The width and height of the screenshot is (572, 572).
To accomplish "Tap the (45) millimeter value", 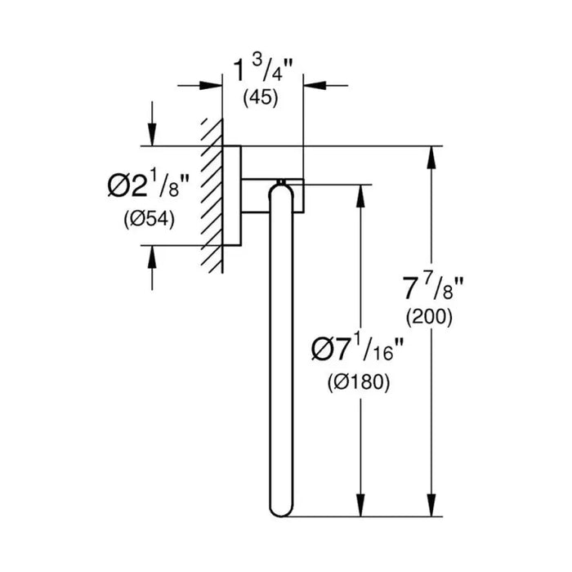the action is (x=261, y=98).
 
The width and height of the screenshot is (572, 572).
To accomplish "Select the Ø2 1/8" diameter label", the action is (x=149, y=186).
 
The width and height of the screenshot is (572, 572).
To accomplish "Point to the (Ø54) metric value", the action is (x=150, y=220).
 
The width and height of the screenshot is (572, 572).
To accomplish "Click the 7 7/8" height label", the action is (x=433, y=288).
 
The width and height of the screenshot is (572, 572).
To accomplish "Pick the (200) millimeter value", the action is (x=429, y=317).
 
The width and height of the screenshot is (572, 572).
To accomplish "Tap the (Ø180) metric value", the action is (x=359, y=382).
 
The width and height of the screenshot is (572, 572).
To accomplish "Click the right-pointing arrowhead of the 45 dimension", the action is (x=211, y=86).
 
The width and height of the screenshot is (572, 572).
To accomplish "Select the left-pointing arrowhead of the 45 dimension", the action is (x=315, y=85).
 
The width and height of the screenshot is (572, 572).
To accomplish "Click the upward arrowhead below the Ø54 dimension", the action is (x=152, y=257).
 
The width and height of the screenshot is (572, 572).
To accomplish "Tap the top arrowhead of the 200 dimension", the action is (x=431, y=157).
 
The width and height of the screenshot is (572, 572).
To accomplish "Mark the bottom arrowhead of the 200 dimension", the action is (x=431, y=505).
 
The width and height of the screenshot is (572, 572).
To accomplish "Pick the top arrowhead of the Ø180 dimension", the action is (x=360, y=196).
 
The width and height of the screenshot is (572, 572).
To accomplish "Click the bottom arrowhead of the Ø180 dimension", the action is (x=360, y=505).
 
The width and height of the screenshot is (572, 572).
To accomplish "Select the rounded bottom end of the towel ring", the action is (x=281, y=512).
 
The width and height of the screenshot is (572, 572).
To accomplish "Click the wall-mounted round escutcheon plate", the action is (x=231, y=195).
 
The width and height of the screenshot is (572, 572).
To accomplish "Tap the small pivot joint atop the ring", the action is (x=281, y=181).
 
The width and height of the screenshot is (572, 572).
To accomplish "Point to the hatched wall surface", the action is (x=212, y=196).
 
